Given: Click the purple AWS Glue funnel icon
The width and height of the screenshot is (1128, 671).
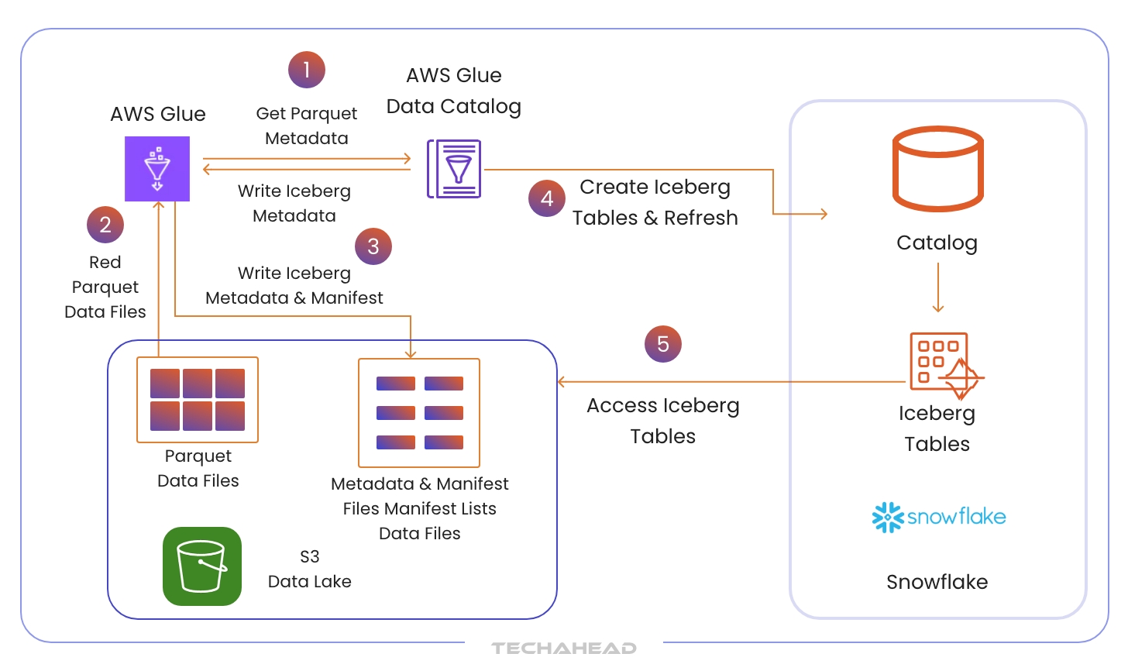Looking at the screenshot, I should point(157,169).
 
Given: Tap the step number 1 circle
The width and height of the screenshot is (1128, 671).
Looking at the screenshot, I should point(307,70).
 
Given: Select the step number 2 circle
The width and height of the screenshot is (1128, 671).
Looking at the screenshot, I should point(105,225).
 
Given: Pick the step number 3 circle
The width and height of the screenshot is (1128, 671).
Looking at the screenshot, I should point(373,246).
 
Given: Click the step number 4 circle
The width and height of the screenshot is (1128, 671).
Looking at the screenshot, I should point(547,198).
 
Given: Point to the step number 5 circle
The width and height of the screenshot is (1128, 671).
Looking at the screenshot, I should point(663,344).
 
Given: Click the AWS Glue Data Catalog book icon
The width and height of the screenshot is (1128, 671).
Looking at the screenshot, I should point(455,169).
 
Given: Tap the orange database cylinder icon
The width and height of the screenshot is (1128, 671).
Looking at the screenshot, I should point(937,169).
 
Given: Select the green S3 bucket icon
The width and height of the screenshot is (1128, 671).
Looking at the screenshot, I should point(202,566).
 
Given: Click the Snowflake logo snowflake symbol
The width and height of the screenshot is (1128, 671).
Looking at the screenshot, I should point(888,517).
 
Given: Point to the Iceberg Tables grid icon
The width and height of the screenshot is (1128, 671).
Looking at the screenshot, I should point(942,364).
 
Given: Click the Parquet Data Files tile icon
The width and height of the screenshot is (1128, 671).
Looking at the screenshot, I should point(198,400).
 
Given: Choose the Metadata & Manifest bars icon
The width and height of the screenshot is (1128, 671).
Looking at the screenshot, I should point(419,413).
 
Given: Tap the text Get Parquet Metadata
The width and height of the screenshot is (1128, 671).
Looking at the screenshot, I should point(307,126).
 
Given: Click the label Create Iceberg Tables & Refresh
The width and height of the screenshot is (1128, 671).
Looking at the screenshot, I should point(655,202).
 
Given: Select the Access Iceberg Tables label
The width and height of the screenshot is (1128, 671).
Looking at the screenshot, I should point(663,421).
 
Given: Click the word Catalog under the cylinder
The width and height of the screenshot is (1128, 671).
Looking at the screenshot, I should point(937,243).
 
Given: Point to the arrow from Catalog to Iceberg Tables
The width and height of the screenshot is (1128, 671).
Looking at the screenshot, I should point(938,287).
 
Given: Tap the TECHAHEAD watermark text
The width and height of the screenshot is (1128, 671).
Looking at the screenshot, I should point(564,649).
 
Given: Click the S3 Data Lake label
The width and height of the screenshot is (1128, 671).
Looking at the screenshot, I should point(310,569).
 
